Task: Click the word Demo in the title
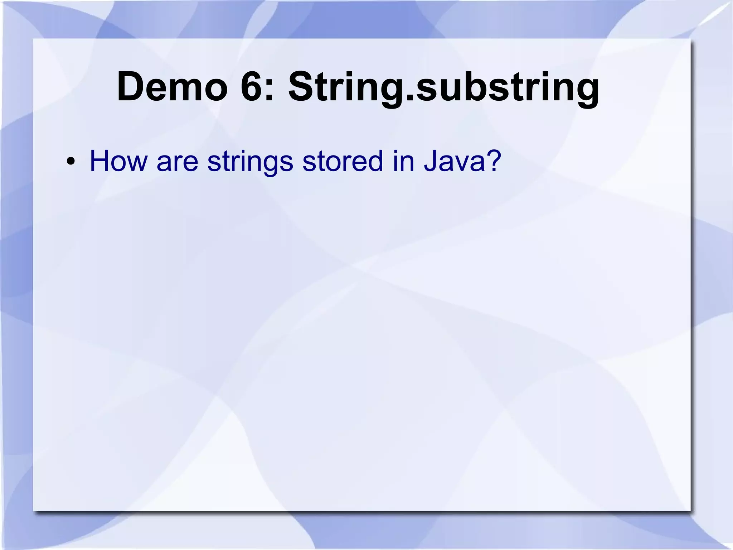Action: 172,87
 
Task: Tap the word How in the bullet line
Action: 118,161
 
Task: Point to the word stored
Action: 343,161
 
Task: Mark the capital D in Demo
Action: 131,87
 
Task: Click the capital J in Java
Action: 430,161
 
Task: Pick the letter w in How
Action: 137,162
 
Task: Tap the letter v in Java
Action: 460,162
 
